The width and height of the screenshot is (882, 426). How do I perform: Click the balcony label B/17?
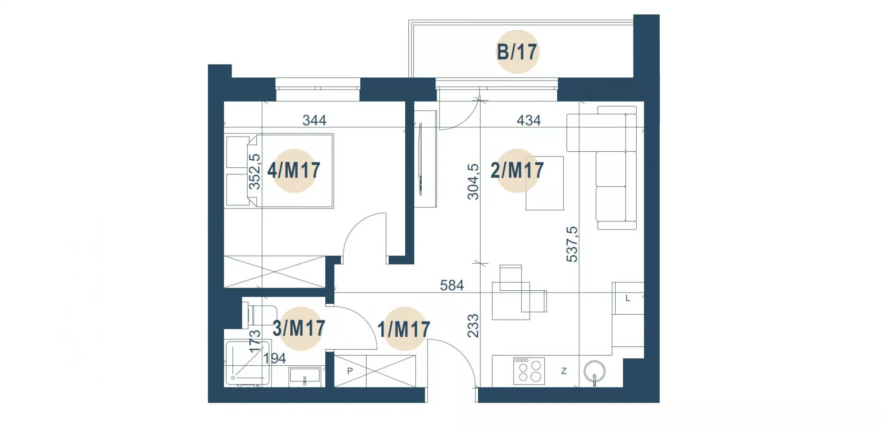(517, 52)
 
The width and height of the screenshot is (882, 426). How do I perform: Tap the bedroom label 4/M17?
(294, 171)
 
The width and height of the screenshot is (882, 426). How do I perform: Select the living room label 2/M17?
(517, 171)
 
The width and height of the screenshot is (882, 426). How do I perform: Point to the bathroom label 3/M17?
(299, 328)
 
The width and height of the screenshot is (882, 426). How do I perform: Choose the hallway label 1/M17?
(404, 329)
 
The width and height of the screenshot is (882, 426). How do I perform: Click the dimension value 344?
(314, 121)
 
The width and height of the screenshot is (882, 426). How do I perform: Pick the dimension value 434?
(529, 121)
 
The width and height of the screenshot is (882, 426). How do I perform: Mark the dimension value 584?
(452, 286)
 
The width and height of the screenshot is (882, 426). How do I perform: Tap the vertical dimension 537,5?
(572, 244)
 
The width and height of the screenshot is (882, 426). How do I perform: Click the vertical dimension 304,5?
(473, 182)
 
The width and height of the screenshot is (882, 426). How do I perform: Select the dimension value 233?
(473, 326)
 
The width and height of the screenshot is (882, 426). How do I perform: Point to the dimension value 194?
(275, 358)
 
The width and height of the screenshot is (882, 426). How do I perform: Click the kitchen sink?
(594, 372)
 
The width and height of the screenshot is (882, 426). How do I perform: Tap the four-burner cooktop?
(529, 371)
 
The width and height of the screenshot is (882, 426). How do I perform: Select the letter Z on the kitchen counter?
(564, 371)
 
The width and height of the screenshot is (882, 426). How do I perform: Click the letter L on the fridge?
(628, 299)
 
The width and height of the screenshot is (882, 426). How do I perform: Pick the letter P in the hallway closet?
(350, 371)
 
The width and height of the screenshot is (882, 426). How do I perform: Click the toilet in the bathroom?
(260, 315)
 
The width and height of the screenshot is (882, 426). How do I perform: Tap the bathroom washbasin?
(305, 376)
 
